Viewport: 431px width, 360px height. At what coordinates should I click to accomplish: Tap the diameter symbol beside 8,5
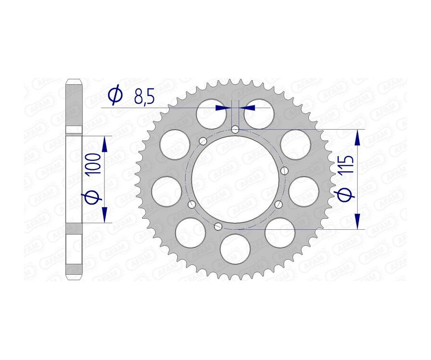[x=115, y=96]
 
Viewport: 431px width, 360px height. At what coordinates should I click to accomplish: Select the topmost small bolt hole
[x=235, y=129]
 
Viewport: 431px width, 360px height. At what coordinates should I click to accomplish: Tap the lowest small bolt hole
[x=218, y=226]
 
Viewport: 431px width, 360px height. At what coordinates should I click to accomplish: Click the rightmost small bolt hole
[x=285, y=170]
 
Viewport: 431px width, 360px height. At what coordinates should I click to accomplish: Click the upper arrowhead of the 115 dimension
[x=357, y=138]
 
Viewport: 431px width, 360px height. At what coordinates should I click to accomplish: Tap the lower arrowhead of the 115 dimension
[x=357, y=220]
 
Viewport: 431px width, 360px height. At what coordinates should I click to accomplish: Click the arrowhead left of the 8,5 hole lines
[x=222, y=108]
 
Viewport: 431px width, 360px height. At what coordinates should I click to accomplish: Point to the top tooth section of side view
[x=74, y=105]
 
